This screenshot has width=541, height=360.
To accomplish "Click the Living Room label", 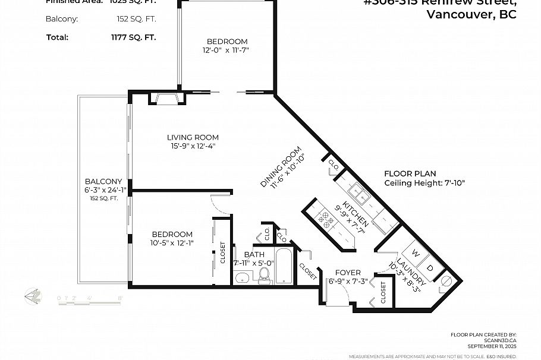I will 193,137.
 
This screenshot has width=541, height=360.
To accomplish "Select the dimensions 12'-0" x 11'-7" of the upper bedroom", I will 227,50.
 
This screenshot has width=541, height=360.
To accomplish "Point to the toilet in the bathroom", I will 264,274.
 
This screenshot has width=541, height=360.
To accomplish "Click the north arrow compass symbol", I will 33,295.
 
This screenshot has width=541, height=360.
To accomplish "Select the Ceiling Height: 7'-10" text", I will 424,183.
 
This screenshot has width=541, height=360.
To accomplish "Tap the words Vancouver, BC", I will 471,15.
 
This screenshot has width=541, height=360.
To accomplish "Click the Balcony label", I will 103,181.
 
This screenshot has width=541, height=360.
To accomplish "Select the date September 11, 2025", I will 492,346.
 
